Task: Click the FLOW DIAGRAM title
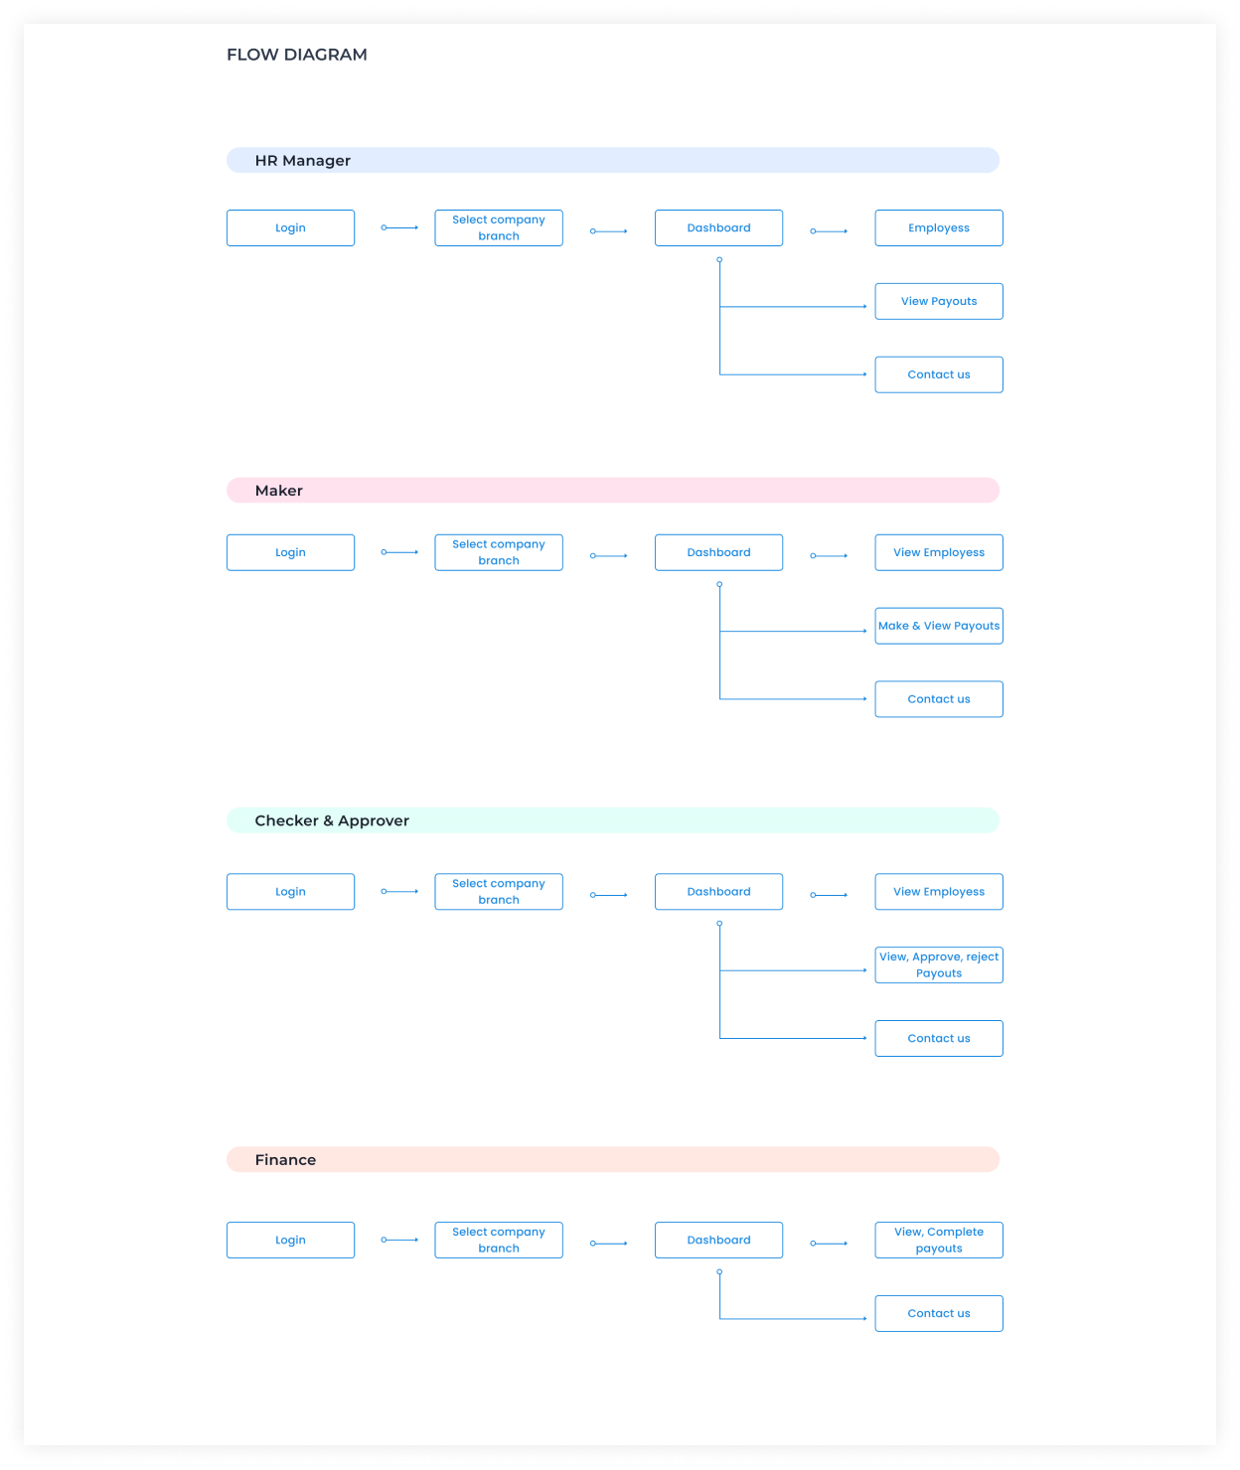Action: click(x=296, y=55)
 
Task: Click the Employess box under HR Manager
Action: click(x=938, y=227)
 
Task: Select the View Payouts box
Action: click(x=938, y=301)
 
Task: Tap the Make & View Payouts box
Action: click(x=938, y=626)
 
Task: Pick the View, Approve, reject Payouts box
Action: click(x=938, y=964)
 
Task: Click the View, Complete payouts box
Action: click(x=938, y=1240)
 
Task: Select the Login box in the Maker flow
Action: click(x=290, y=552)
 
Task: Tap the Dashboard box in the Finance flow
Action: click(x=718, y=1240)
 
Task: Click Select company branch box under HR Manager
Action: click(x=499, y=227)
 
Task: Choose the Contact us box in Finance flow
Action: click(x=938, y=1313)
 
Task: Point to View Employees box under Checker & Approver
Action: click(x=938, y=891)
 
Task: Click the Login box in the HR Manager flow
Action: click(x=290, y=227)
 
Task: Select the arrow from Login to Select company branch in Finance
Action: click(x=399, y=1240)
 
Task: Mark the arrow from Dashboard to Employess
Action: click(x=828, y=230)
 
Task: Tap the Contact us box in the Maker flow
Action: click(x=938, y=699)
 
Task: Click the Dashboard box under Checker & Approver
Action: click(x=718, y=891)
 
